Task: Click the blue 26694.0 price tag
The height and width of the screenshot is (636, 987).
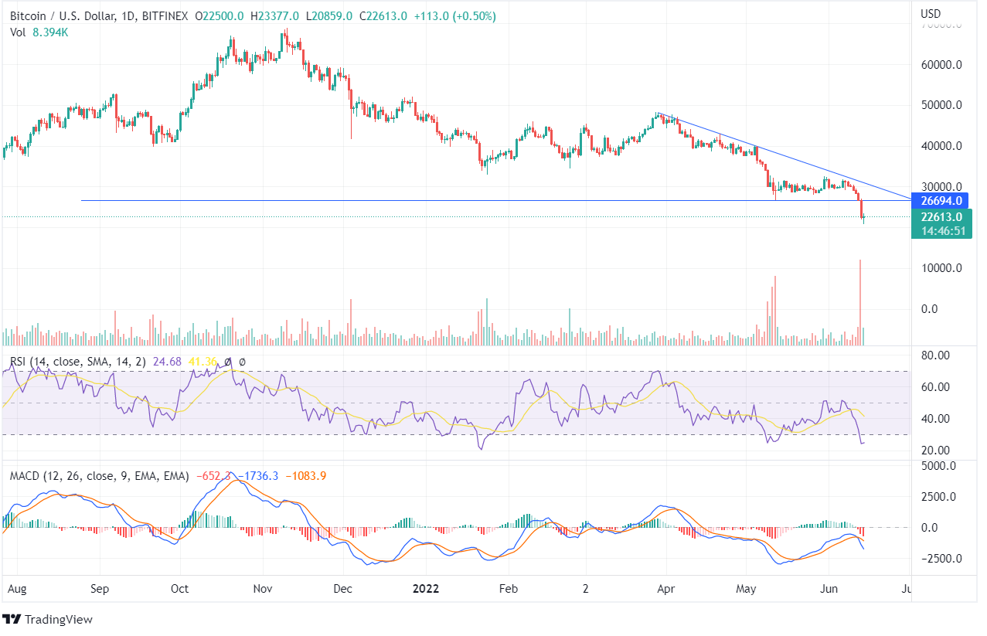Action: pyautogui.click(x=940, y=201)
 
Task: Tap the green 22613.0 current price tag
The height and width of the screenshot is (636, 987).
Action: pyautogui.click(x=940, y=217)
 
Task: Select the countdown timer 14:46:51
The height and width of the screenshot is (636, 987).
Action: pyautogui.click(x=940, y=230)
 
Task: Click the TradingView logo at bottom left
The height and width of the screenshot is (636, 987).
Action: pyautogui.click(x=48, y=619)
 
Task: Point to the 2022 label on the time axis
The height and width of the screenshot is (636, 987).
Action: pyautogui.click(x=425, y=589)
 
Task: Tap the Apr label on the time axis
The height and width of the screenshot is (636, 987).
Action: pyautogui.click(x=665, y=589)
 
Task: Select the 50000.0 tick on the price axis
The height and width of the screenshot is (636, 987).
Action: pyautogui.click(x=943, y=105)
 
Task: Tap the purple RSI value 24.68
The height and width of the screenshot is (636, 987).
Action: pyautogui.click(x=167, y=361)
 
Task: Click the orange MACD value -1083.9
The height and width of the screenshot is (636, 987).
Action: pyautogui.click(x=306, y=476)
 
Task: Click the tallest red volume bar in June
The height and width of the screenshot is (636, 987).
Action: pyautogui.click(x=860, y=301)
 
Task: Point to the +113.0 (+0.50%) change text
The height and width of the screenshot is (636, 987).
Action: pyautogui.click(x=444, y=15)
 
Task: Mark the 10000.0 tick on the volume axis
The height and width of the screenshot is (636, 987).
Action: pyautogui.click(x=943, y=268)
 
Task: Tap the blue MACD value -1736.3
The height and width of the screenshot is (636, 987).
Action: pyautogui.click(x=258, y=476)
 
